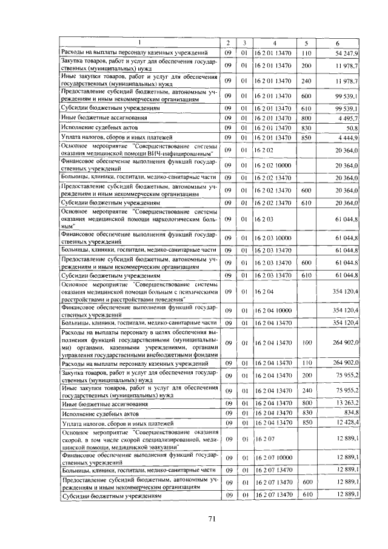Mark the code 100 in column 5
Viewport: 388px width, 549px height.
tap(306, 343)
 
